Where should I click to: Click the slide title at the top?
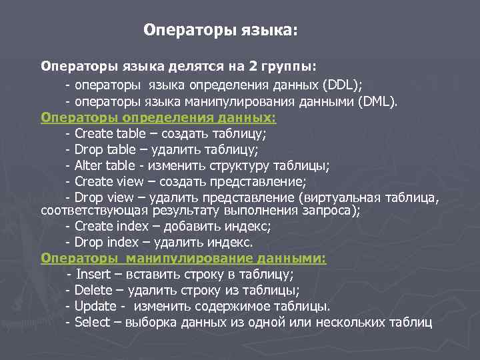click(222, 31)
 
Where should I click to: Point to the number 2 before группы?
click(253, 67)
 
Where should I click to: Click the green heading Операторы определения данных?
click(158, 117)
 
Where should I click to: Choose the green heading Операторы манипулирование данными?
click(183, 258)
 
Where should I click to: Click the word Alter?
click(87, 165)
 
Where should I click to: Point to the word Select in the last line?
click(92, 323)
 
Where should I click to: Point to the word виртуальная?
click(342, 197)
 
